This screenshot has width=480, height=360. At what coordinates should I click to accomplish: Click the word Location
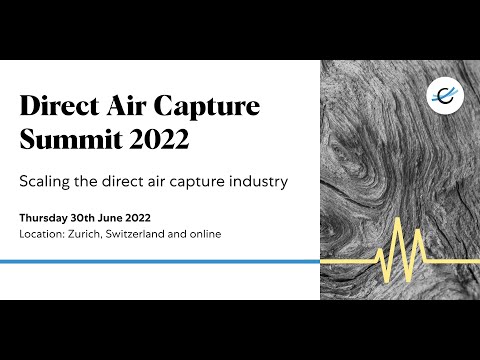tap(39, 234)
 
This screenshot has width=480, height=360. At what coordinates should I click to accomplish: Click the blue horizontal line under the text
tap(160, 262)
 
